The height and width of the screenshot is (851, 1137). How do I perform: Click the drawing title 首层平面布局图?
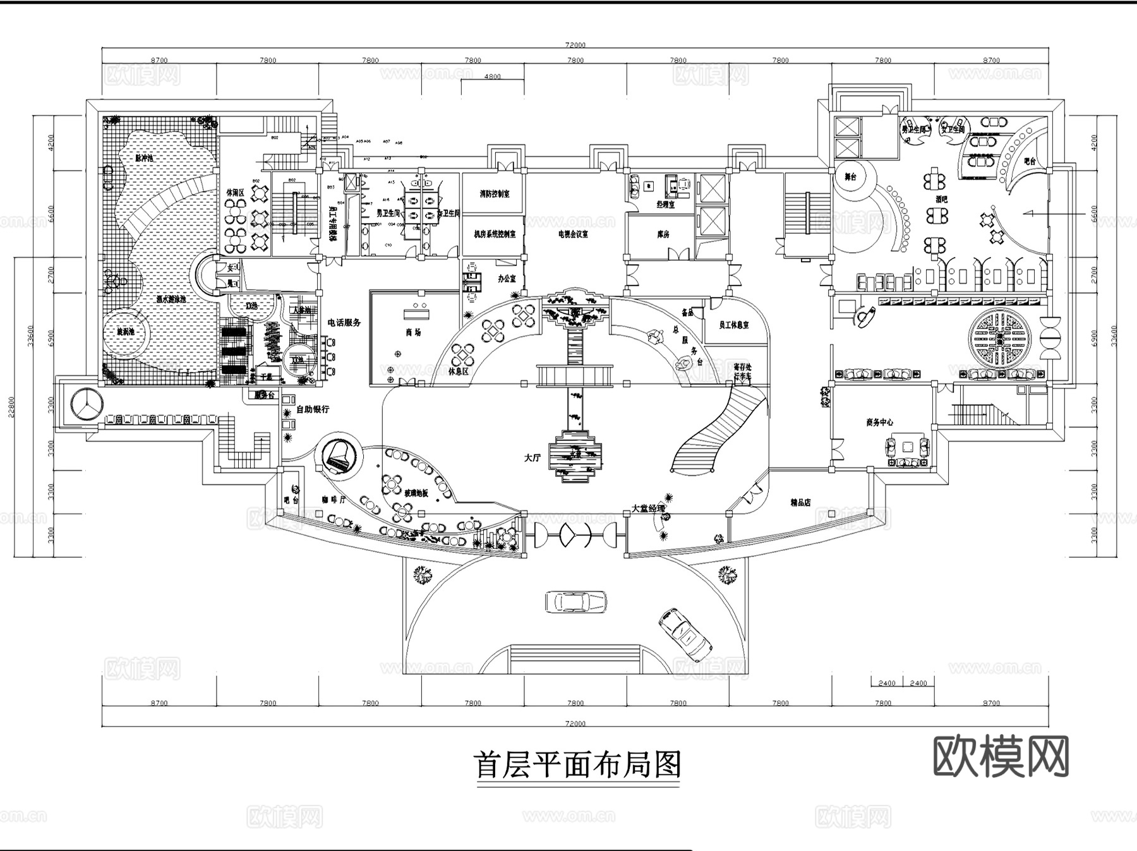[577, 765]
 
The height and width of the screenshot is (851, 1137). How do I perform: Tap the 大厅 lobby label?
[532, 458]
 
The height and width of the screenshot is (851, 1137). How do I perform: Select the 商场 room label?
[413, 332]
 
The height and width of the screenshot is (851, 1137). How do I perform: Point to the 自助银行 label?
[313, 409]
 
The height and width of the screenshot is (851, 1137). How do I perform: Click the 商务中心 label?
[879, 422]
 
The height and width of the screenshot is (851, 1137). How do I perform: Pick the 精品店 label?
[800, 503]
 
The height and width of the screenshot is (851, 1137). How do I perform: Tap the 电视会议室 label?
[573, 234]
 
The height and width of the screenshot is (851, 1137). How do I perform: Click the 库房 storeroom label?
[663, 234]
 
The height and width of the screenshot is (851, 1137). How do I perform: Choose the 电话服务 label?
[344, 322]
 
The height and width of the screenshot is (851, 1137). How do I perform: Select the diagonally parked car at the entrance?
[685, 633]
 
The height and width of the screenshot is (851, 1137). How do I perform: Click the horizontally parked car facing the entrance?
[575, 601]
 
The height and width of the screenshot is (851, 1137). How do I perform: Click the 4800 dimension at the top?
[492, 76]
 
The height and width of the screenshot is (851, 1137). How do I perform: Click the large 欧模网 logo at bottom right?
[1001, 756]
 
